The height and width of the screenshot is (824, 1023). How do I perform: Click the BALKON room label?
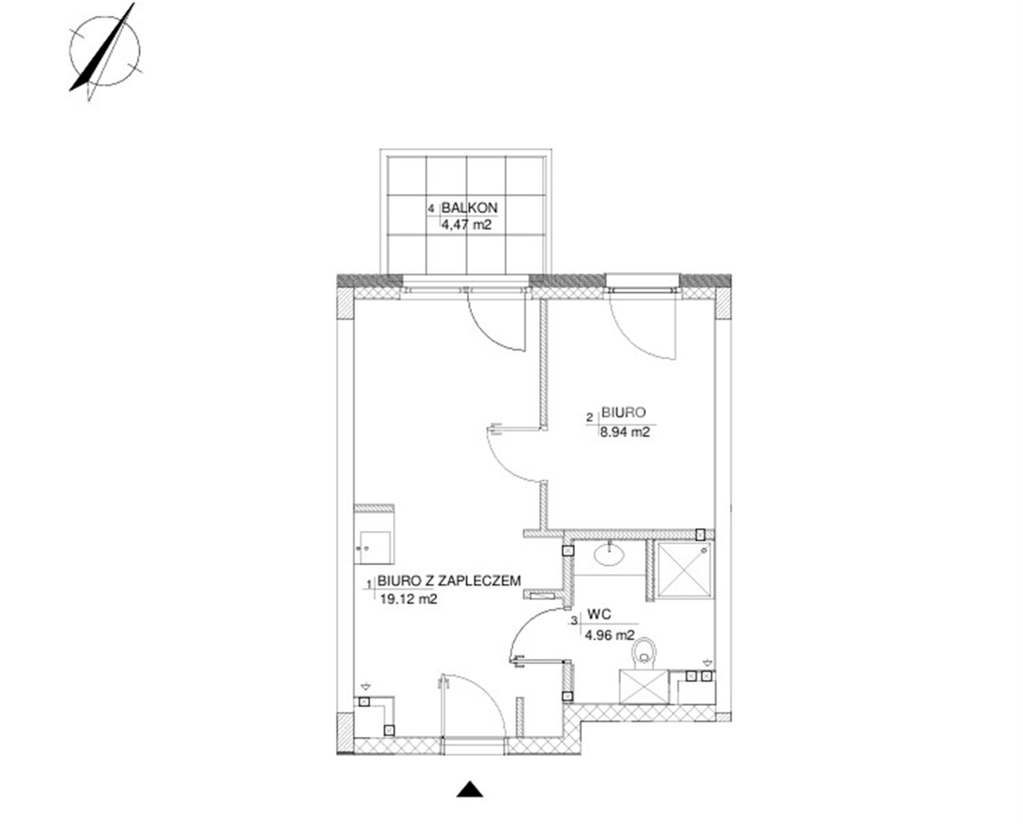click(469, 207)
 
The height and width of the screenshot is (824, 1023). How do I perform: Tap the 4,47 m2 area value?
click(466, 225)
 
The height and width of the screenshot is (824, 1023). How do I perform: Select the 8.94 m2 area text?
click(625, 432)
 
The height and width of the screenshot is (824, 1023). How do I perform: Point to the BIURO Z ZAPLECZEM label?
click(449, 581)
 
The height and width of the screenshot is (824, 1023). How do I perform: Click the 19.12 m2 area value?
click(408, 599)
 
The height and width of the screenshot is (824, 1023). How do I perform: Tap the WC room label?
click(599, 615)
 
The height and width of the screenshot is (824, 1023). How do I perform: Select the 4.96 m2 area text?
click(610, 635)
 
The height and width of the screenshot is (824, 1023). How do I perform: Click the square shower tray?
click(684, 571)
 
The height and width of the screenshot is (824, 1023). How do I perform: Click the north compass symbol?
click(104, 51)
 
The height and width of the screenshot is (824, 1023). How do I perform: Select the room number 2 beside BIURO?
click(590, 418)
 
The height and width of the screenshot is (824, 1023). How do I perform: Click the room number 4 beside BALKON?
click(431, 209)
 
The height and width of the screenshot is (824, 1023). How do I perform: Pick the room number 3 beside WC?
click(574, 621)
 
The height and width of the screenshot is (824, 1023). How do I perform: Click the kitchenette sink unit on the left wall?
click(374, 534)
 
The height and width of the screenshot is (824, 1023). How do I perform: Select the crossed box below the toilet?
click(644, 687)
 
